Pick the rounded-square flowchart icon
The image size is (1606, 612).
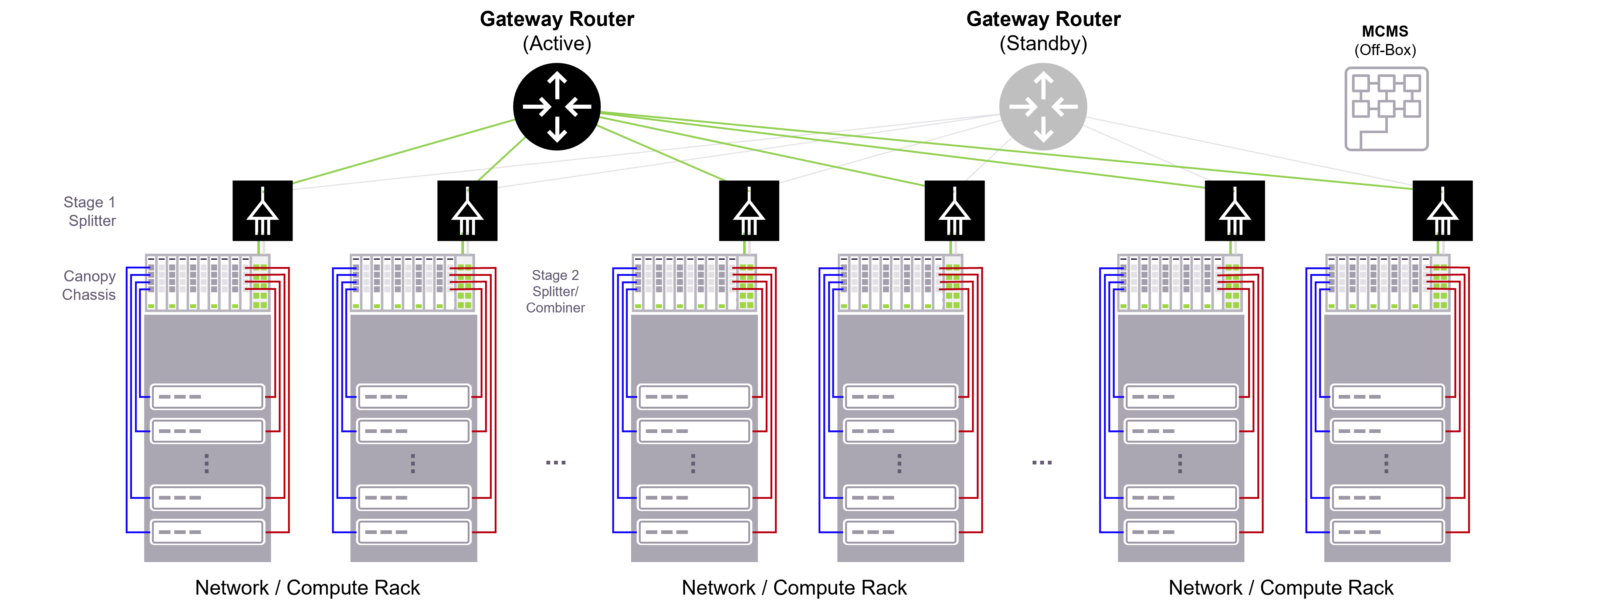pyautogui.click(x=1386, y=109)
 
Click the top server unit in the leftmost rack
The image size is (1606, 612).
pyautogui.click(x=208, y=397)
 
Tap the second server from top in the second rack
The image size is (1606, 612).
pyautogui.click(x=413, y=431)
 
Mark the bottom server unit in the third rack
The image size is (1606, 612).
pyautogui.click(x=694, y=532)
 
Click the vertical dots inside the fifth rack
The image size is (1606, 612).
pyautogui.click(x=1180, y=463)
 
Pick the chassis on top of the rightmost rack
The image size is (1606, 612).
pyautogui.click(x=1387, y=283)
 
